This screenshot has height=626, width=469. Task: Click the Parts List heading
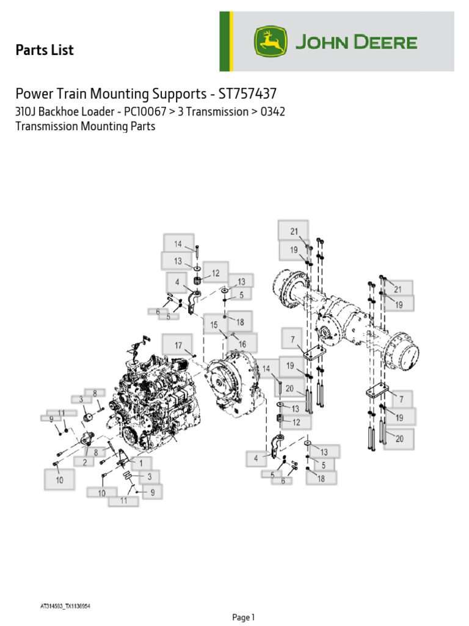44,50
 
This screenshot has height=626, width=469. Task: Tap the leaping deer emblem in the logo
270,43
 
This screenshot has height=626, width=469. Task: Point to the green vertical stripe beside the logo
224,42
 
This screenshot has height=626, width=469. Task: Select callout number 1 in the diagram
141,463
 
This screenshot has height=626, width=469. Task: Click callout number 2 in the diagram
84,462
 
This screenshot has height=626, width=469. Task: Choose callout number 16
242,344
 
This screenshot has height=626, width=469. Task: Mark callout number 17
178,345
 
